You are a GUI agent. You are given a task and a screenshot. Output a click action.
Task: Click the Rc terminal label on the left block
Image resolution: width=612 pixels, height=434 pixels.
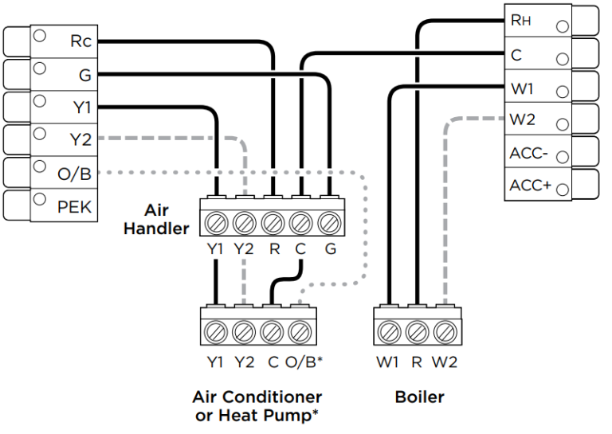coord(80,41)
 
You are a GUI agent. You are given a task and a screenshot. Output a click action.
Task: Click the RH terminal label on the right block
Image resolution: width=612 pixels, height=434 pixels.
coord(520,22)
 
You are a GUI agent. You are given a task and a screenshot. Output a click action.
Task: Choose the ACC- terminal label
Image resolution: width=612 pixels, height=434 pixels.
coord(528,153)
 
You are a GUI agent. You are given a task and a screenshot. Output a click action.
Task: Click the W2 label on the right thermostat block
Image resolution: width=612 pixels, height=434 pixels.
coord(522,120)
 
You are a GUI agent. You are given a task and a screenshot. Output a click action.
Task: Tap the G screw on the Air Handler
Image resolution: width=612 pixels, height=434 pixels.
coord(328,220)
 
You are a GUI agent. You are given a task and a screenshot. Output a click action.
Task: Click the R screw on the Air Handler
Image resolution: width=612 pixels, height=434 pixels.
coord(273,220)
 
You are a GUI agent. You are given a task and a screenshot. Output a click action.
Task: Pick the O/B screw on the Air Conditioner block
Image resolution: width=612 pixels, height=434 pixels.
coord(300,330)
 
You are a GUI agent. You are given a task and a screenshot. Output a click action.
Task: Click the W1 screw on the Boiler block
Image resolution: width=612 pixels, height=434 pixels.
coord(389,330)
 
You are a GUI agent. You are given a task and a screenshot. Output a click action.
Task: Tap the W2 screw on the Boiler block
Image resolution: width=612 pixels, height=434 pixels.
coord(444,330)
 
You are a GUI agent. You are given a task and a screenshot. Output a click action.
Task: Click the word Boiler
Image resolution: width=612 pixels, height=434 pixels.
coord(418,396)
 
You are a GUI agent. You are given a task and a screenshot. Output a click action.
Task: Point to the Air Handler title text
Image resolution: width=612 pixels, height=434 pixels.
coord(166,220)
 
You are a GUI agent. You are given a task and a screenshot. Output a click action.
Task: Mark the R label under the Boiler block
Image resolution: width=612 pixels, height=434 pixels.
coord(416,362)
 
